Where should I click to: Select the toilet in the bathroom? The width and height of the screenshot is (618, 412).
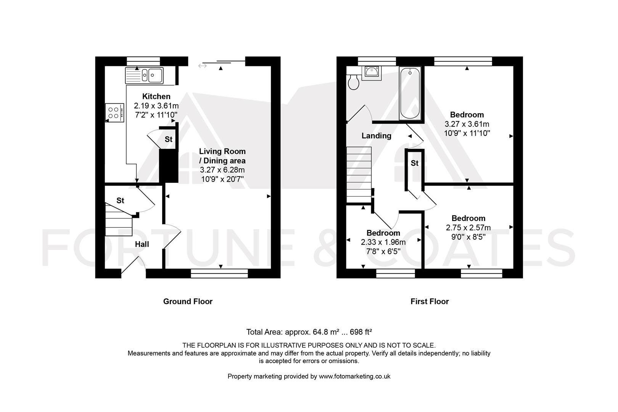pyautogui.click(x=354, y=82)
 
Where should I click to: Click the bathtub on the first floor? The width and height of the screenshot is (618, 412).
pyautogui.click(x=410, y=93)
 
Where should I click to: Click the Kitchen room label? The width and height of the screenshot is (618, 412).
pyautogui.click(x=156, y=97)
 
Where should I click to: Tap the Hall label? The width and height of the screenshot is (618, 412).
pyautogui.click(x=142, y=244)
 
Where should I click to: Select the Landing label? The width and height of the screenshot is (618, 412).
pyautogui.click(x=376, y=136)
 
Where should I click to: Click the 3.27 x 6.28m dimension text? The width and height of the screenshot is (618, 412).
pyautogui.click(x=222, y=170)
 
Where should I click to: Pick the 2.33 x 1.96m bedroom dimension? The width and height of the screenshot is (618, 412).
pyautogui.click(x=383, y=242)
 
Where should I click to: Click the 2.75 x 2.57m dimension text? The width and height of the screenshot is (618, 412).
pyautogui.click(x=468, y=228)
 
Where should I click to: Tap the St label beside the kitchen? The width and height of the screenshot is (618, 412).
pyautogui.click(x=168, y=139)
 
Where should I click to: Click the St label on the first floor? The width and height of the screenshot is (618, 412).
pyautogui.click(x=414, y=163)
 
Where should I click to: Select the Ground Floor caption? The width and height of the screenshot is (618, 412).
pyautogui.click(x=188, y=301)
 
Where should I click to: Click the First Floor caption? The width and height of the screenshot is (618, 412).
pyautogui.click(x=430, y=301)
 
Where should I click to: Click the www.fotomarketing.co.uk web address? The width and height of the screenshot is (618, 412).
pyautogui.click(x=354, y=376)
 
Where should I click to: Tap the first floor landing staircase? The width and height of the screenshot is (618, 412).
pyautogui.click(x=359, y=174)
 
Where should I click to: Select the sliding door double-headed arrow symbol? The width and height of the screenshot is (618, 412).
pyautogui.click(x=202, y=66)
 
